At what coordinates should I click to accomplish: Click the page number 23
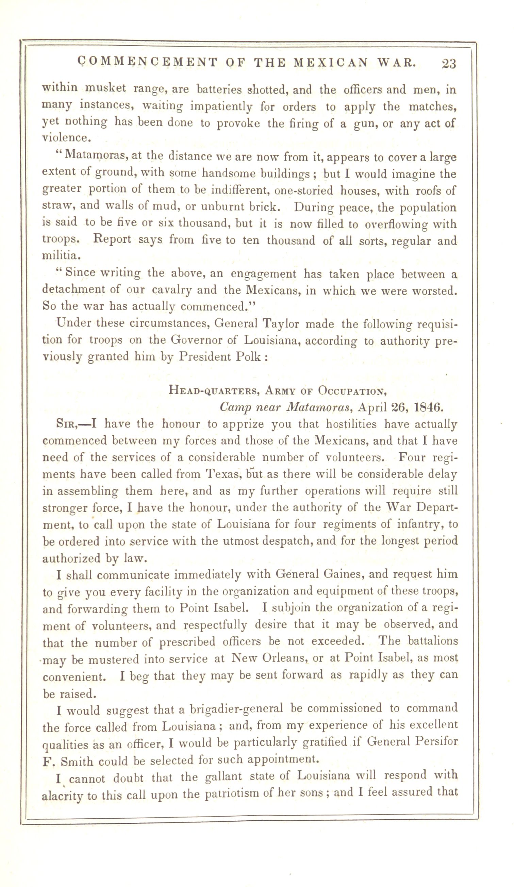coord(449,64)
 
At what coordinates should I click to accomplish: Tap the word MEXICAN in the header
coord(331,62)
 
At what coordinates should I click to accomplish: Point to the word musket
coord(105,88)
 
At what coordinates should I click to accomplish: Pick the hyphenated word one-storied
coord(303,190)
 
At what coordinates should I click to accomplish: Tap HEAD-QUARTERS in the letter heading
coord(214,390)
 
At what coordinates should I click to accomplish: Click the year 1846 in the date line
coord(429,407)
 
